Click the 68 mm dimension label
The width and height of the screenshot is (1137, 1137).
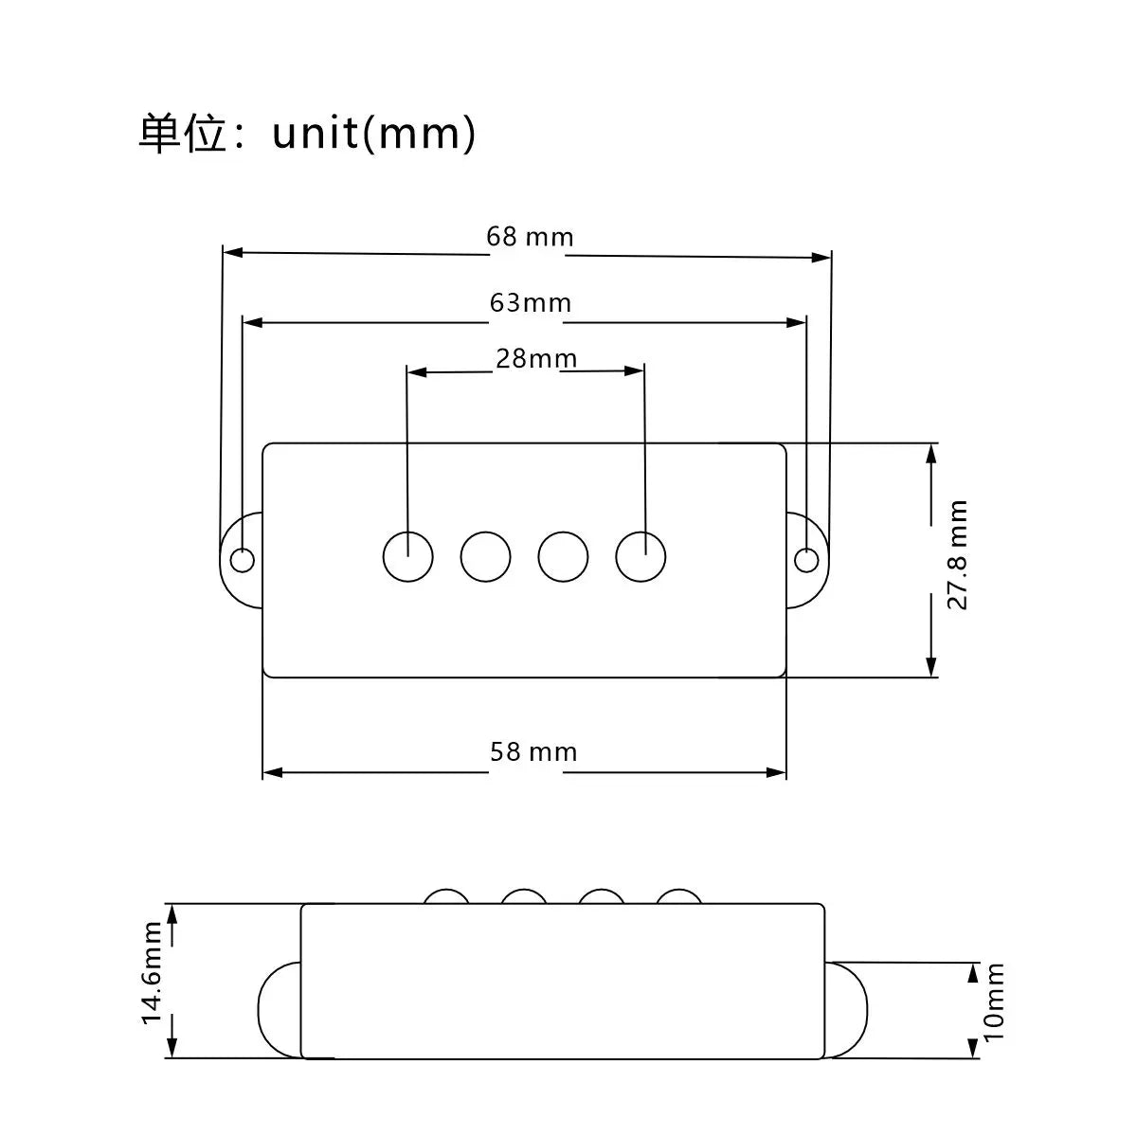[530, 237]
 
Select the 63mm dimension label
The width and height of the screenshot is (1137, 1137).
[531, 303]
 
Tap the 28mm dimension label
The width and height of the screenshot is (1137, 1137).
[535, 359]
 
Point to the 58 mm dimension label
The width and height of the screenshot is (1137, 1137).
[533, 751]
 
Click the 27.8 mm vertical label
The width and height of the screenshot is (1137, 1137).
[957, 554]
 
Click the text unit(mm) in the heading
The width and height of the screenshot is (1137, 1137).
[373, 134]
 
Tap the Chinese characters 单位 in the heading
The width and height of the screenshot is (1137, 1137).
[182, 135]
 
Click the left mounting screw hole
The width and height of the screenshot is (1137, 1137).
[242, 559]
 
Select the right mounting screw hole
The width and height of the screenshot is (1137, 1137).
[806, 559]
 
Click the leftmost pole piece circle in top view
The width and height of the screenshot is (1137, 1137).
[407, 556]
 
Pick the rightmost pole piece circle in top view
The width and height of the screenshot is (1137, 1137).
[641, 556]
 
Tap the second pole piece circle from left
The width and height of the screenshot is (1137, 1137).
[486, 556]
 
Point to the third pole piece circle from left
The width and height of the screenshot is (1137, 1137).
[563, 556]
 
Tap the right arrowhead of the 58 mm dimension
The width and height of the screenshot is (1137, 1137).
[777, 772]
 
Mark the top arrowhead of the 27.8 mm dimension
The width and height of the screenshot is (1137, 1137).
[931, 455]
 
